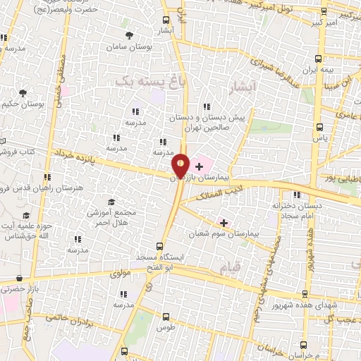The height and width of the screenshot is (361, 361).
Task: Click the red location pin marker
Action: tap(181, 166)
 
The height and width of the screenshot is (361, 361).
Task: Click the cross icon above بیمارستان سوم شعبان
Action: tap(224, 222)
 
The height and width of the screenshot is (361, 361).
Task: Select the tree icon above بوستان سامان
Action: tap(128, 35)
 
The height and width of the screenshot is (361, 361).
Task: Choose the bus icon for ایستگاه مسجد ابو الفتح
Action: tap(159, 247)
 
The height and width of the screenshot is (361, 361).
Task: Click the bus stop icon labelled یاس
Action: tap(321, 128)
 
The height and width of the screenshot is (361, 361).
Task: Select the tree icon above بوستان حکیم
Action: tap(23, 93)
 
